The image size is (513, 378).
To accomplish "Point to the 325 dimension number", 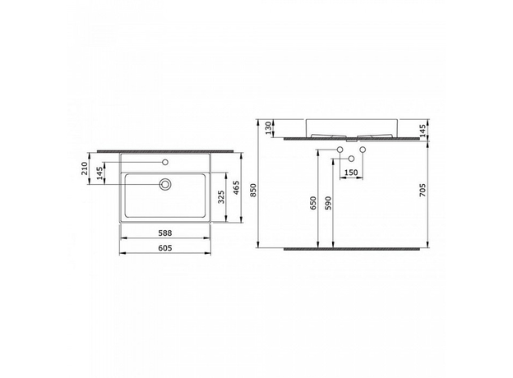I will tap(220, 198).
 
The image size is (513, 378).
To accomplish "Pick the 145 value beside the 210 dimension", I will tap(99, 173).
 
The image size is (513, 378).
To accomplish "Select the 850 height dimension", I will tap(254, 190).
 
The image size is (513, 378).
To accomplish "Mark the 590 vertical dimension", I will tap(327, 203).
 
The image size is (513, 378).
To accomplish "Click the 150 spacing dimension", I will tap(350, 173).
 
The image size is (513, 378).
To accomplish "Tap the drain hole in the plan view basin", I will tap(165, 185).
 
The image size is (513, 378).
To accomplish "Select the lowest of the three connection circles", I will tap(351, 158).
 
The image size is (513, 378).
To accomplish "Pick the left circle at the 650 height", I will tap(340, 149).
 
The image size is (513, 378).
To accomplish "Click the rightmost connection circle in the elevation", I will tap(362, 149).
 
